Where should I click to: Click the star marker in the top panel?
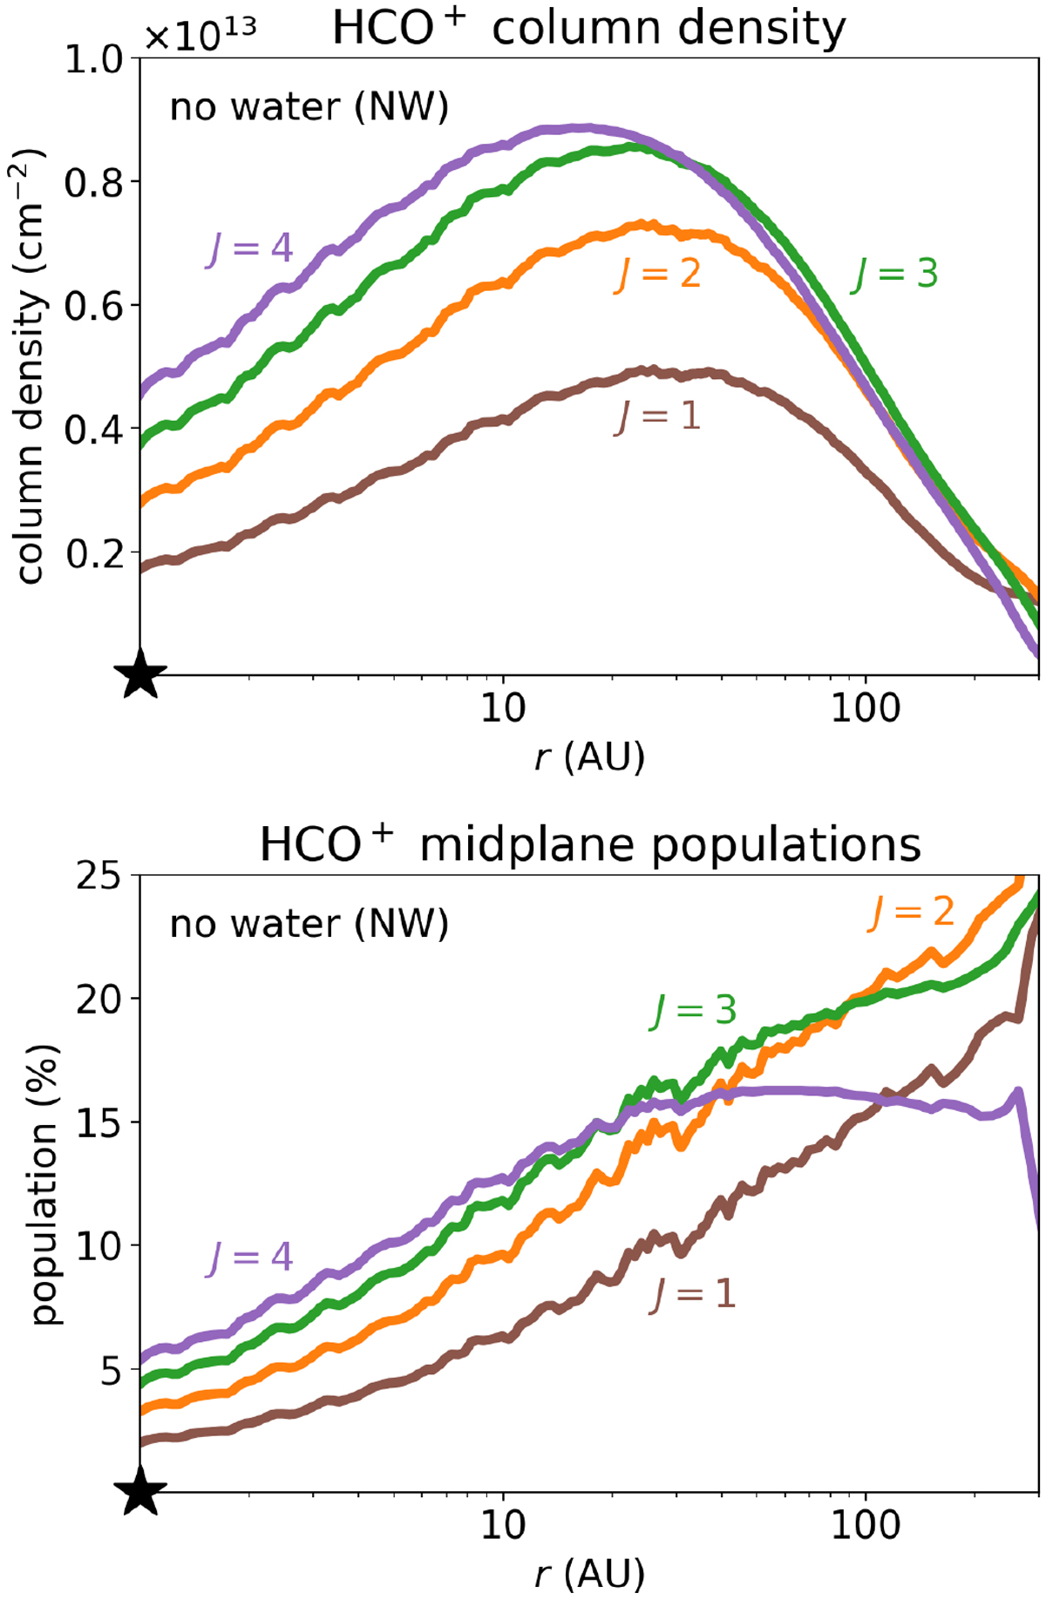click(140, 675)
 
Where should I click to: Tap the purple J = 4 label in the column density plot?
click(250, 248)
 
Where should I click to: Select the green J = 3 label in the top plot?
click(895, 274)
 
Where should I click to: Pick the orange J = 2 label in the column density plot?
click(658, 274)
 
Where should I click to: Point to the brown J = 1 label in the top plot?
click(658, 416)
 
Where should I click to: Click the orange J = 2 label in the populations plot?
click(912, 912)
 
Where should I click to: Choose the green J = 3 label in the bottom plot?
click(694, 1010)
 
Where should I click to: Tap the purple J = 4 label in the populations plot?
click(250, 1257)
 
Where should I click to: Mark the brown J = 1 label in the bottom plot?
click(694, 1293)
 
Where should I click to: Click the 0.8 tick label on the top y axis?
click(94, 182)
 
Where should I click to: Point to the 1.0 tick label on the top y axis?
click(94, 59)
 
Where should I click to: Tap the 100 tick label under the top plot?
click(866, 709)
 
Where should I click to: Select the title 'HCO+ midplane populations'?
click(590, 844)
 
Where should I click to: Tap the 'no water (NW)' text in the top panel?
click(309, 107)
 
